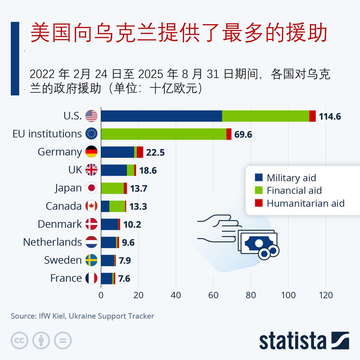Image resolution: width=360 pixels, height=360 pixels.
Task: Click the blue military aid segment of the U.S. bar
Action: [161, 116]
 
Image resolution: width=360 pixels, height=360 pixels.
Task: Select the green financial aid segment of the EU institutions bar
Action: [163, 134]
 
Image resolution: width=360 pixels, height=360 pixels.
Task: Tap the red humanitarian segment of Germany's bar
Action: [140, 152]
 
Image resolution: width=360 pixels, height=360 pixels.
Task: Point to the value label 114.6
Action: [330, 116]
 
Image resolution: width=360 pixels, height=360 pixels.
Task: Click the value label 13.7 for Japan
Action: [138, 188]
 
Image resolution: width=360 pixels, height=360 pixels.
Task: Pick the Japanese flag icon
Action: [91, 188]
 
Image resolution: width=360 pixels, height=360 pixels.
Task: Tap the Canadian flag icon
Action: [91, 206]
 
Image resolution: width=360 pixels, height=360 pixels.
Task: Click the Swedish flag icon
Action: [91, 260]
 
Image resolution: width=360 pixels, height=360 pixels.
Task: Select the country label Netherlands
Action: [53, 242]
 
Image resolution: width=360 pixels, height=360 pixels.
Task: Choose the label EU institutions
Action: [47, 134]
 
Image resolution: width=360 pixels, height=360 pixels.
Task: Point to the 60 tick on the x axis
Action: [213, 295]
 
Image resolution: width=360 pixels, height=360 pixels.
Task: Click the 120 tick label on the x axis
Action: [326, 295]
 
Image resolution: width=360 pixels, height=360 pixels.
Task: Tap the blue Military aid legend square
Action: [259, 177]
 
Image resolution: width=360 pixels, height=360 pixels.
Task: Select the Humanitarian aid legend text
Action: [305, 203]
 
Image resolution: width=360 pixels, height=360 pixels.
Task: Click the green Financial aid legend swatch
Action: [259, 190]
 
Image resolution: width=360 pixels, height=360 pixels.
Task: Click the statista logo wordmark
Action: [292, 341]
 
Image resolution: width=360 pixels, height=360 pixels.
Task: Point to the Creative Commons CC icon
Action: [19, 341]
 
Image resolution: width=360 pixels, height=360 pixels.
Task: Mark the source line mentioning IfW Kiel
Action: [82, 316]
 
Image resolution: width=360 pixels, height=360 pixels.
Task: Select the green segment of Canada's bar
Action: [117, 206]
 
